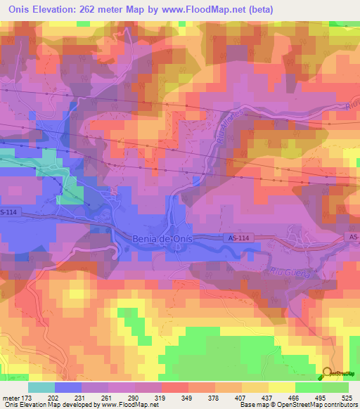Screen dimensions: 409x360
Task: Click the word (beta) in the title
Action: [x=257, y=9]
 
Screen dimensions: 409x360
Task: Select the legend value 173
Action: [x=41, y=397]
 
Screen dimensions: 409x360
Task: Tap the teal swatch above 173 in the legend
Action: [x=41, y=387]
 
